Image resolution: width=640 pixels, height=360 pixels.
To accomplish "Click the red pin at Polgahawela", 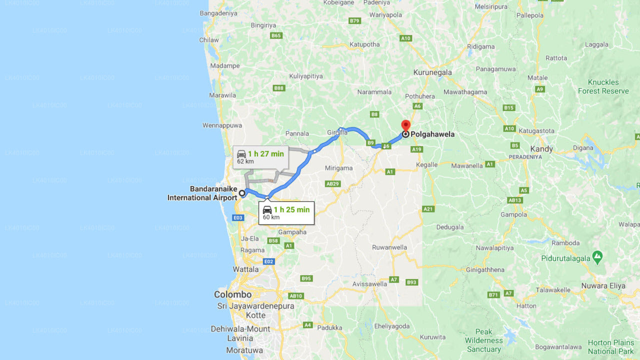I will point(406,125).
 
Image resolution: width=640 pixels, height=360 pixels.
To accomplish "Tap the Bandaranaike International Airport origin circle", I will point(242,193).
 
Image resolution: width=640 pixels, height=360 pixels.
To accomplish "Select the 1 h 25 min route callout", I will point(286,212).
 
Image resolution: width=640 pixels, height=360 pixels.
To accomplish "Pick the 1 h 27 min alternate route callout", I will point(260,157).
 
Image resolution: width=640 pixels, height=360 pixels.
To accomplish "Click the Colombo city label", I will point(232,294).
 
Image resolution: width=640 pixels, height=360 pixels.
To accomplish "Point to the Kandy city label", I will point(541,149).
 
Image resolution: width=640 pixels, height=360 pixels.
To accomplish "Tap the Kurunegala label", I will point(432,72).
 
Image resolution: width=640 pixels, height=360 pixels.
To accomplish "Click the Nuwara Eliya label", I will point(603,286).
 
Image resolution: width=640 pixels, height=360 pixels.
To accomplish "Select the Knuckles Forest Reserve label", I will point(603,86).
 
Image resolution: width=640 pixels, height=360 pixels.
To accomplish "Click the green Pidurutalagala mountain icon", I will point(597,257).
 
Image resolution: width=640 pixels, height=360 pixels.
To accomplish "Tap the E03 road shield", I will point(238,217).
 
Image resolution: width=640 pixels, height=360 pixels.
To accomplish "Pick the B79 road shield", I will point(354,21).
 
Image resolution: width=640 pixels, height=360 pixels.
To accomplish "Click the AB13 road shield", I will point(515,200).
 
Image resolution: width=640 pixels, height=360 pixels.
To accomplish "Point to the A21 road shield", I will point(428,209).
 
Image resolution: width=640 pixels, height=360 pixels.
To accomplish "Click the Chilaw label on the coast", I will point(209,40).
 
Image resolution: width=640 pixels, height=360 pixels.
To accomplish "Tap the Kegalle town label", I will point(427,165).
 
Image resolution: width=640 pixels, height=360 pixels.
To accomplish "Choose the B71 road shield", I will point(493,295).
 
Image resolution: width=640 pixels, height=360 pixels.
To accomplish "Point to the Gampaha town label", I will point(292,232).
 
